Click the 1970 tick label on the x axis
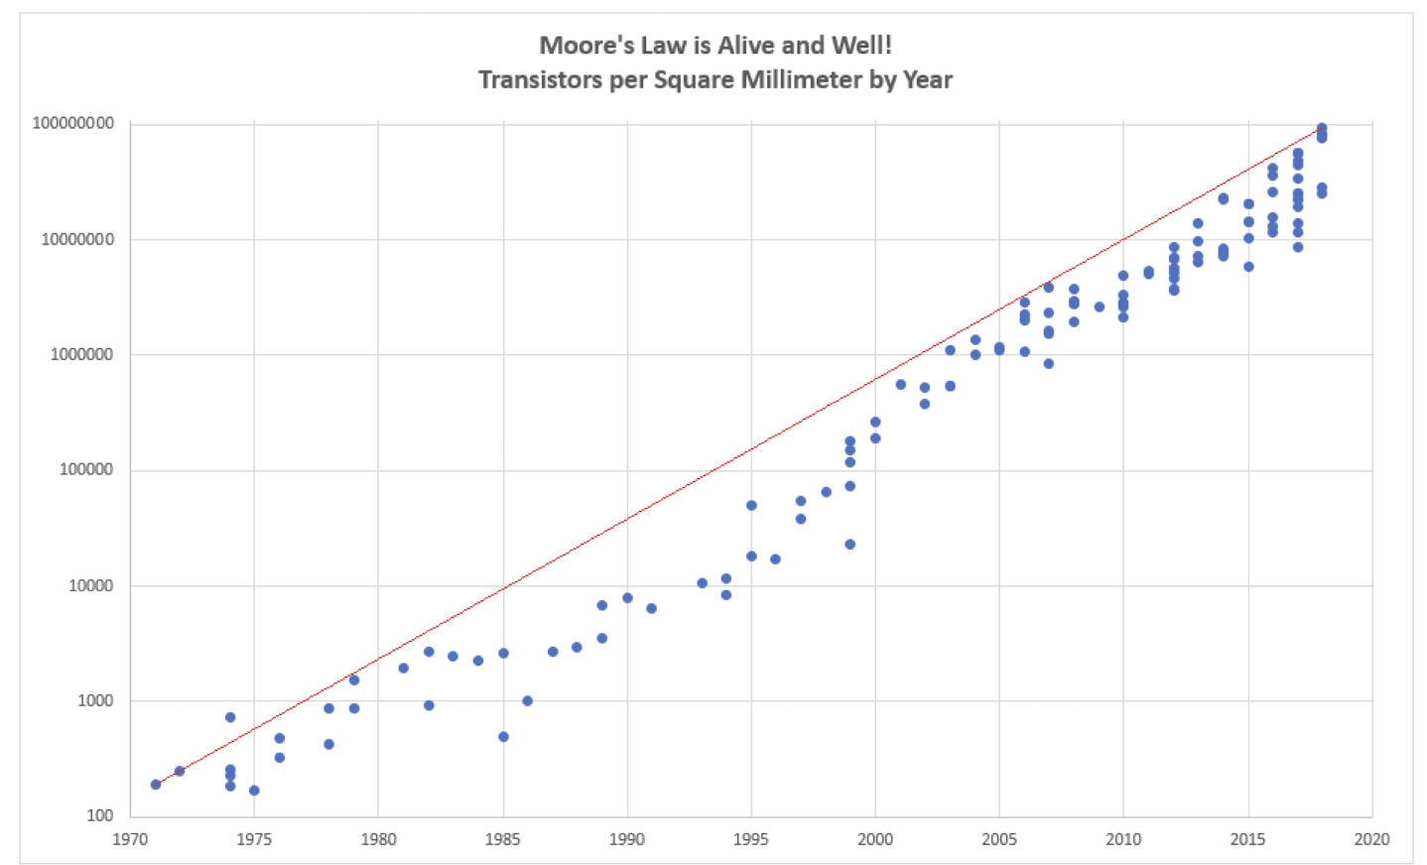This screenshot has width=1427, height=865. [x=130, y=839]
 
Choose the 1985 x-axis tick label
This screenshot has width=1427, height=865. [x=503, y=839]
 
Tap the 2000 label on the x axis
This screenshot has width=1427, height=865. [x=874, y=839]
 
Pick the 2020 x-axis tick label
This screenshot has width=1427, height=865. [x=1371, y=839]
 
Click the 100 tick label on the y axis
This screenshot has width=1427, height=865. [x=99, y=816]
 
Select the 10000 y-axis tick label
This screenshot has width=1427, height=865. [x=91, y=585]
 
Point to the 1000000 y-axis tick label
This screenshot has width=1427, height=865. [x=82, y=354]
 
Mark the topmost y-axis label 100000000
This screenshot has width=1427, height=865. [x=73, y=123]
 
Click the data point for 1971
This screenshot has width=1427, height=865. [x=156, y=785]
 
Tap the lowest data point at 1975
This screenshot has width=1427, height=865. [x=254, y=791]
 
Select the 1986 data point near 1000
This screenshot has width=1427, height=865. [x=528, y=700]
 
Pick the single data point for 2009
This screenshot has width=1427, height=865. [x=1100, y=308]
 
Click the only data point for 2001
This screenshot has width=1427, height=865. [x=901, y=385]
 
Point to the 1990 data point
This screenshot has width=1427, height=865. [x=627, y=598]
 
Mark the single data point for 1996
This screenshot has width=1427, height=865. [x=775, y=559]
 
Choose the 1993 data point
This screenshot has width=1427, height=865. [x=702, y=583]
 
